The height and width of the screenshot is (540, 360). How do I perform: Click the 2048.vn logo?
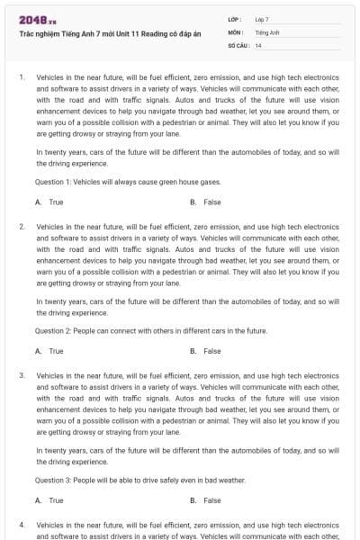coord(32,19)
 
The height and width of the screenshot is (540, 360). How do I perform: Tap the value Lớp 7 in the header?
coord(262,18)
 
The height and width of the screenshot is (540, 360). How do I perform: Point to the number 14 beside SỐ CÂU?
coord(258,44)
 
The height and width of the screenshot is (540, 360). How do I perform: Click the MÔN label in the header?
coord(236,31)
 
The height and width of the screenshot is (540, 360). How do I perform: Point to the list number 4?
coord(22,523)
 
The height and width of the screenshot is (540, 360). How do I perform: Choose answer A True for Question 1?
coord(49,202)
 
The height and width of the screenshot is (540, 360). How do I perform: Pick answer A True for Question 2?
coord(49,351)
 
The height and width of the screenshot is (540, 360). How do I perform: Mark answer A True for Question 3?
coord(49,499)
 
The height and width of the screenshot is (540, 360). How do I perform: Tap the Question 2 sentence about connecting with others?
coord(151,331)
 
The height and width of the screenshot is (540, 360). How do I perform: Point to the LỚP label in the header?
coord(235,18)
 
